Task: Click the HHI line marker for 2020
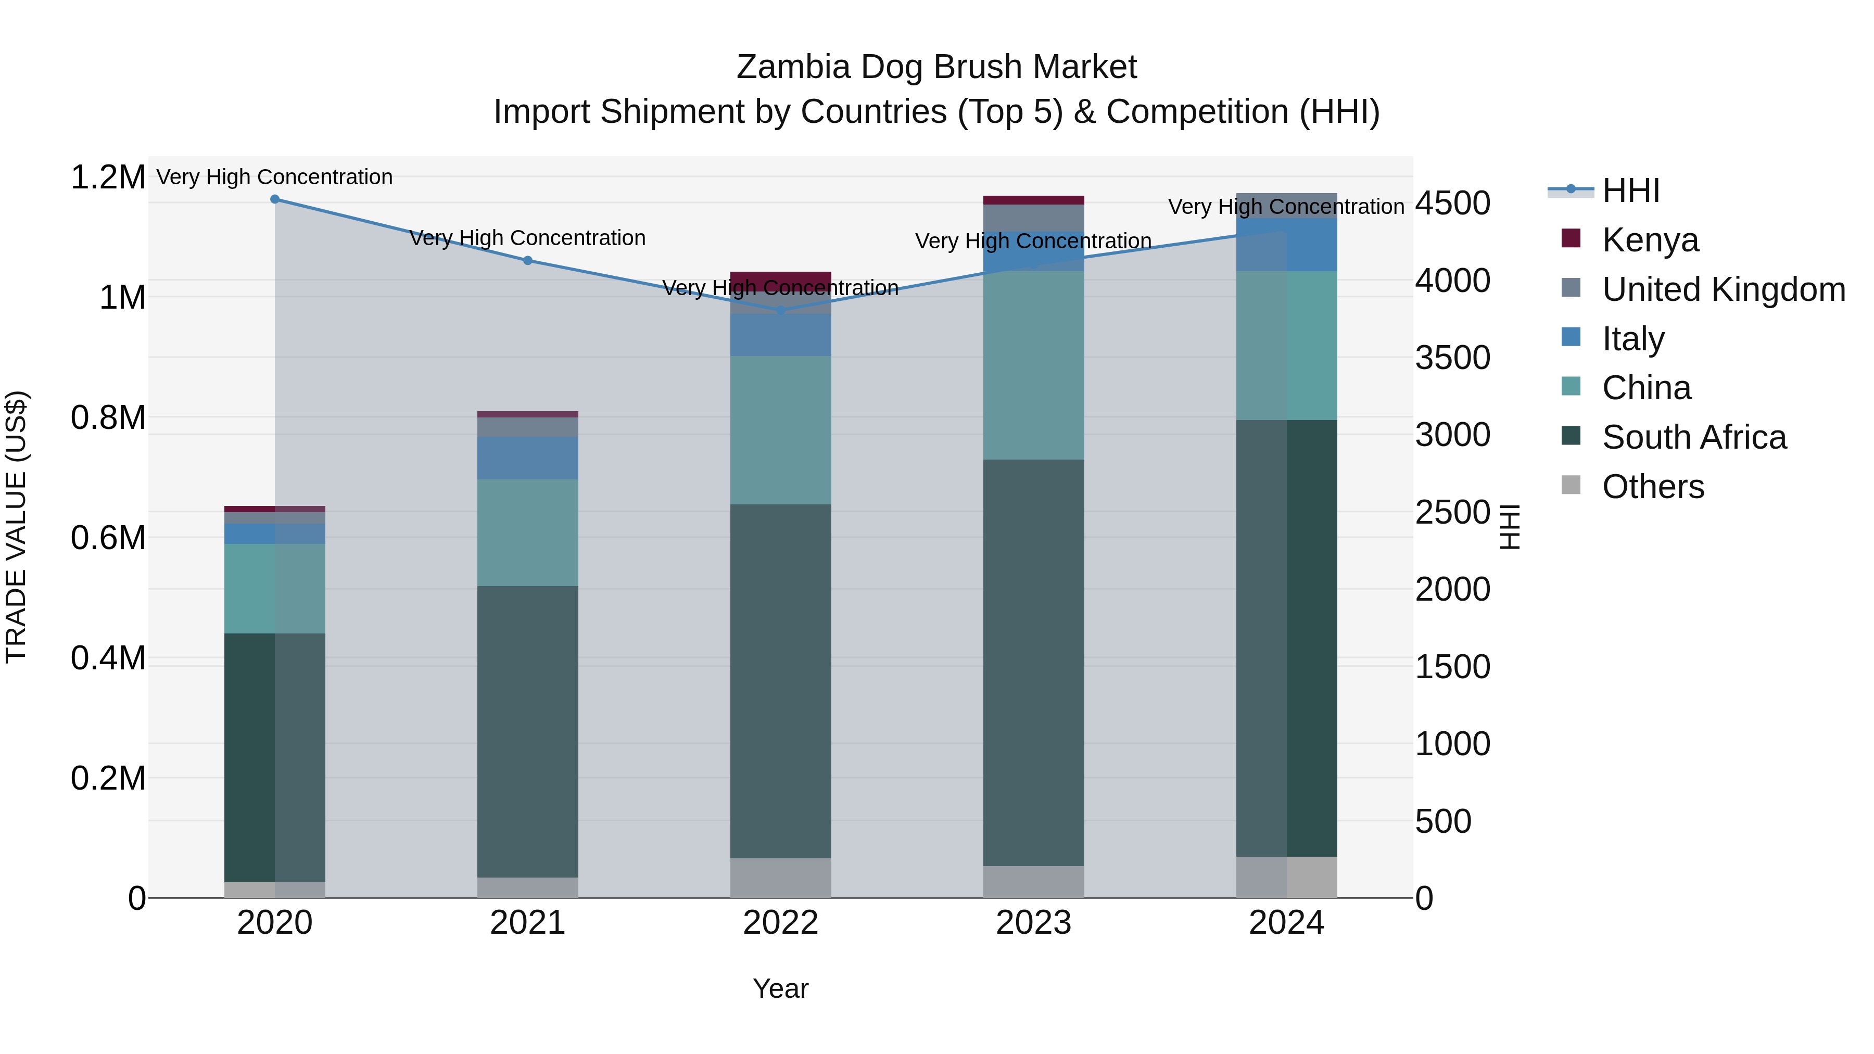274,199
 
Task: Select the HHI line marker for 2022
781,311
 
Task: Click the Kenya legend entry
1650,240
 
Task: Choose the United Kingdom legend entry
1723,289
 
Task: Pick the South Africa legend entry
1693,437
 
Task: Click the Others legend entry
1653,487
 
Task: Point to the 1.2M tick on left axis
108,177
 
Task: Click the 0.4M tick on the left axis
108,658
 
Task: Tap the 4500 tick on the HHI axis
1452,204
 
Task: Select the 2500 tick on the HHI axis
1452,513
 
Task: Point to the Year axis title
781,988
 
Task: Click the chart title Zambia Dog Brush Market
936,67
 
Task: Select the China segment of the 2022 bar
781,430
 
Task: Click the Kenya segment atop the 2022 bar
781,281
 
